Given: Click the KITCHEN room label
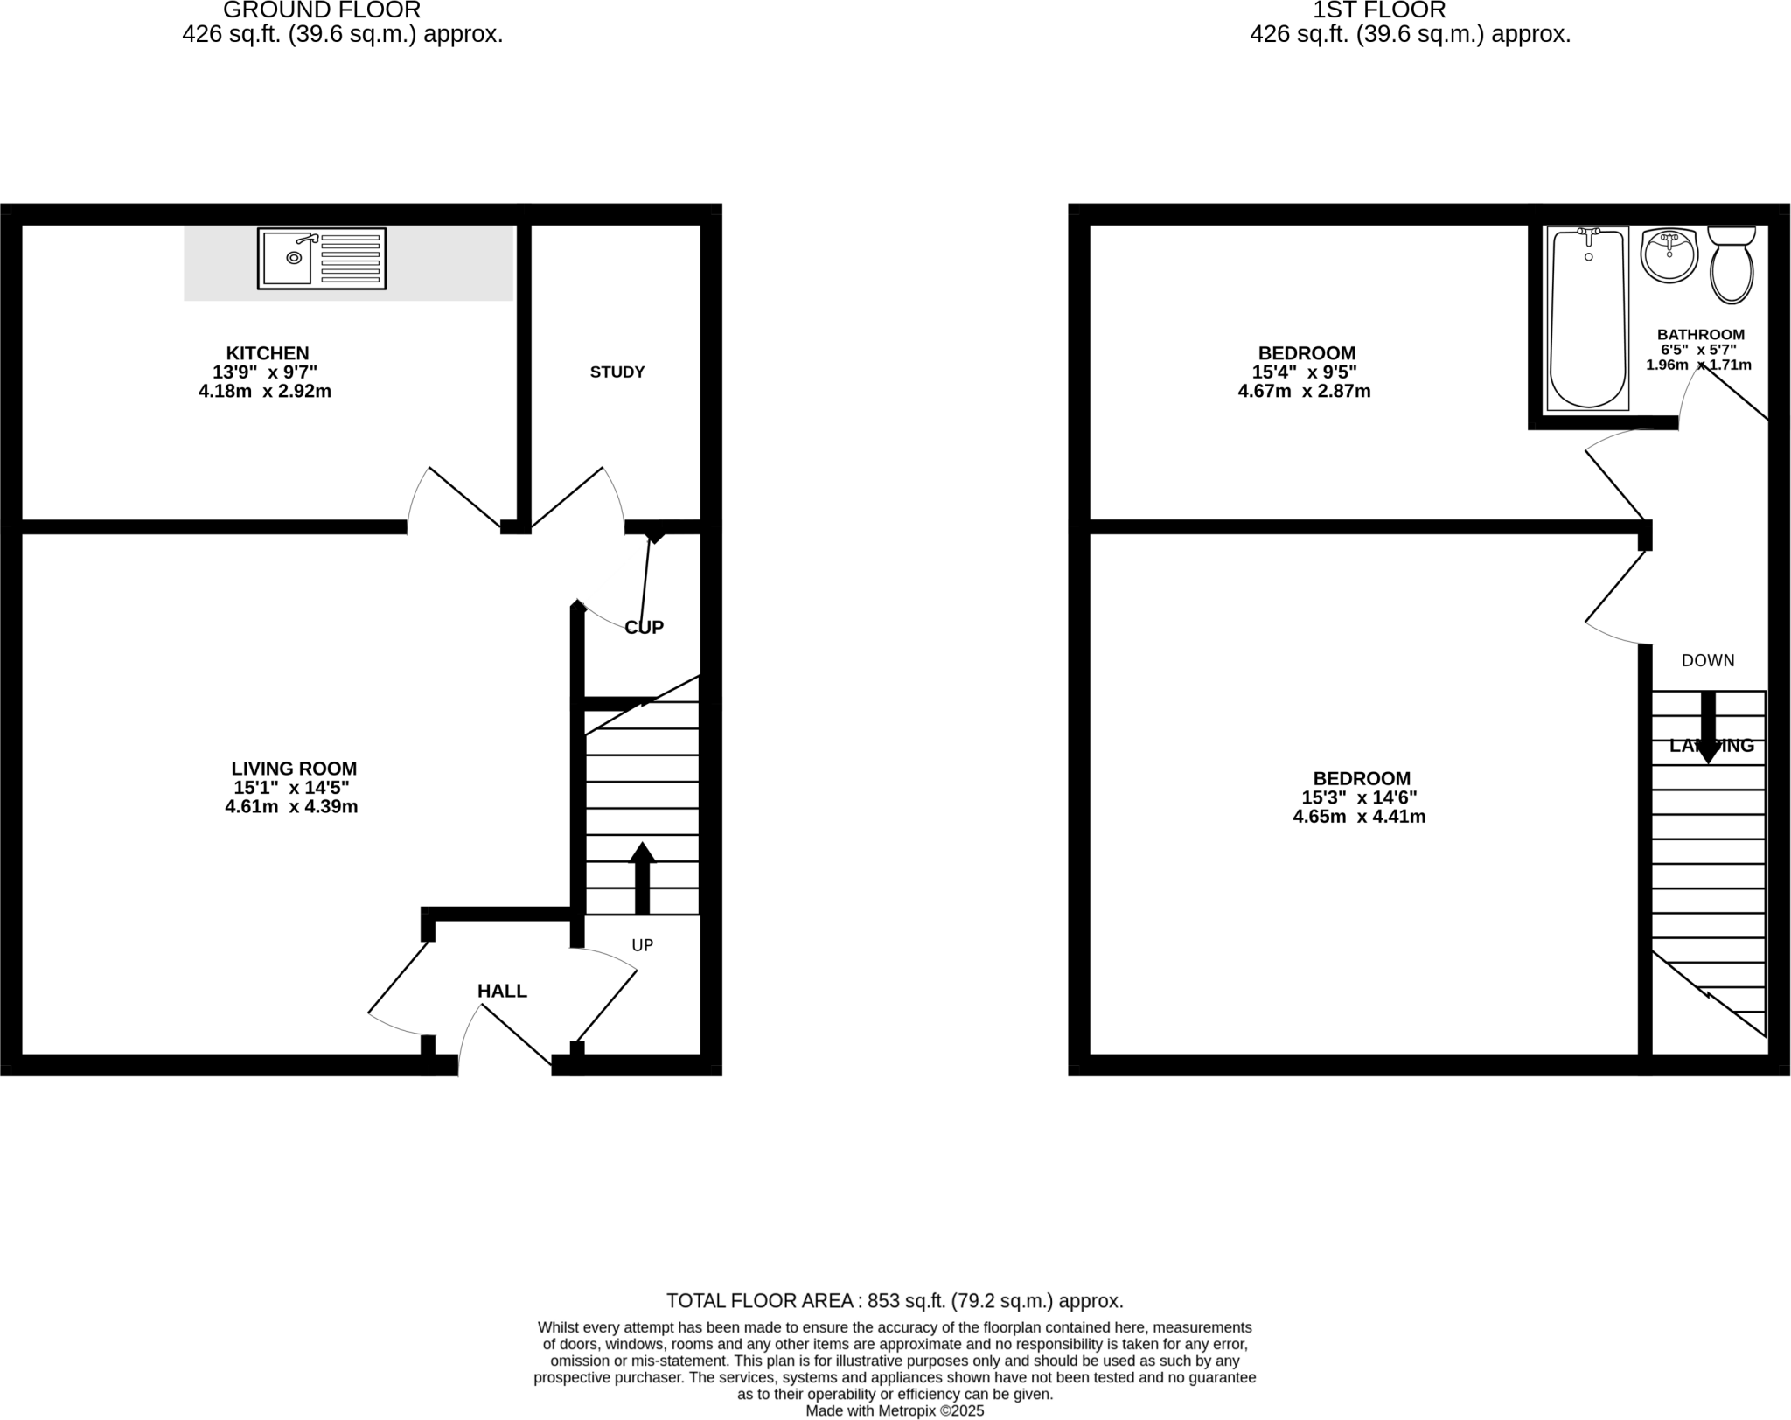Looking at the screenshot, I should (268, 353).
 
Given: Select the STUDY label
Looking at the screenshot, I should (617, 372).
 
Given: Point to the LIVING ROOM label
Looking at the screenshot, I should (294, 769).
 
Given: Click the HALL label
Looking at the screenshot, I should (502, 991).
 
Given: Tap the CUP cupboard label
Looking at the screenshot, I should (645, 627).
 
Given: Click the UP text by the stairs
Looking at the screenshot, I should (643, 944).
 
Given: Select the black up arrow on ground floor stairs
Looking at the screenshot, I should (643, 878).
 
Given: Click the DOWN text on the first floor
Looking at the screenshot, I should (1708, 660).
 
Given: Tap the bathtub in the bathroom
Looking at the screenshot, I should (1587, 319).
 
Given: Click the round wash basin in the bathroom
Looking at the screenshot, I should (1669, 255).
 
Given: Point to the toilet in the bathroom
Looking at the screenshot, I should (1732, 266).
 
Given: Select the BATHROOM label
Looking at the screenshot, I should (1701, 334).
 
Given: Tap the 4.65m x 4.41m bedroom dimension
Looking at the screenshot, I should (1359, 817).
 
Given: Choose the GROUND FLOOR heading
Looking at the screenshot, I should (322, 10).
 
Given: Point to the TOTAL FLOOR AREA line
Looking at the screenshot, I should (895, 1300).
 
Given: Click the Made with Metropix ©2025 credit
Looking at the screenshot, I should (895, 1410).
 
